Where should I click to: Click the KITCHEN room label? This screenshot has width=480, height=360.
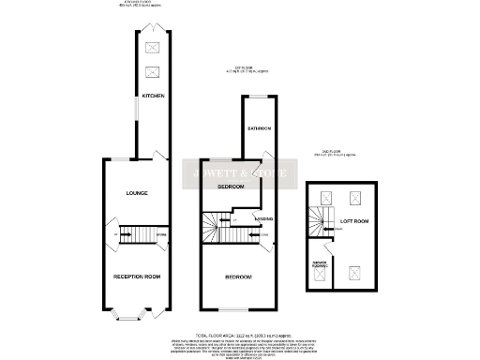(x=153, y=96)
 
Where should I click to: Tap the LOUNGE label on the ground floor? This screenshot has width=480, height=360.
(x=138, y=193)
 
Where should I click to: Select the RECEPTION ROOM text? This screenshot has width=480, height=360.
(x=135, y=277)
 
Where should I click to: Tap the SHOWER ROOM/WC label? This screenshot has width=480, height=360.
(x=319, y=265)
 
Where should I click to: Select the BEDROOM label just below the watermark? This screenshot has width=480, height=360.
(x=231, y=187)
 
